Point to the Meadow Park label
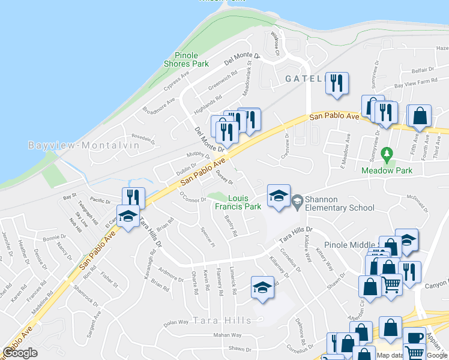(x=387, y=170)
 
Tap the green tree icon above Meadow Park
(x=387, y=155)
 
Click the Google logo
(x=20, y=353)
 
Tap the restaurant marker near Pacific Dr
(x=133, y=197)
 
